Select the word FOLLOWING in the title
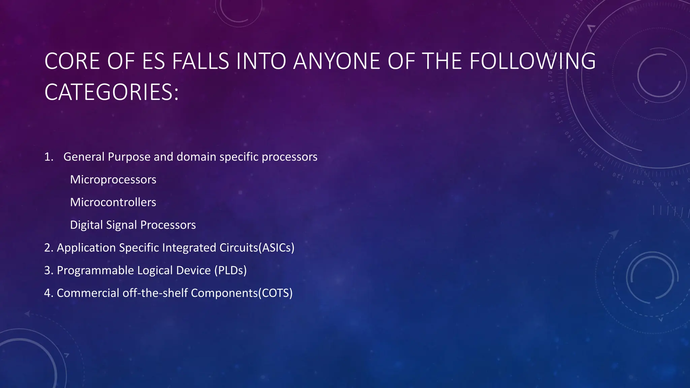point(532,61)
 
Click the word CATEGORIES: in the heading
point(112,92)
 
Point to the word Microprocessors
point(113,180)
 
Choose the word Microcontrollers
point(113,202)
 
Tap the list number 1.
point(49,157)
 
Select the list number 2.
point(49,248)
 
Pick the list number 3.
point(49,270)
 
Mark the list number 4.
point(49,293)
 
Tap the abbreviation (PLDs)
point(230,270)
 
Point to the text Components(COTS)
point(242,293)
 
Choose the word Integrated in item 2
point(189,248)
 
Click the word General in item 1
point(84,157)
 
